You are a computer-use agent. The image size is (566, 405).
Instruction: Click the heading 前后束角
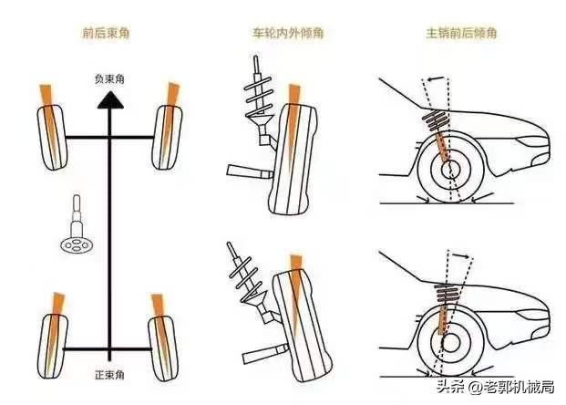click(x=106, y=33)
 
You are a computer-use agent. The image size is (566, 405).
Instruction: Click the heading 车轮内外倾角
click(x=288, y=33)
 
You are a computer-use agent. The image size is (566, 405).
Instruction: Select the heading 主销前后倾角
click(x=461, y=33)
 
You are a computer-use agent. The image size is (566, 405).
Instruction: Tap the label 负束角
click(x=109, y=78)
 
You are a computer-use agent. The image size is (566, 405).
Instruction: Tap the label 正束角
click(x=109, y=375)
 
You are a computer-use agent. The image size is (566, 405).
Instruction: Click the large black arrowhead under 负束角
click(x=110, y=100)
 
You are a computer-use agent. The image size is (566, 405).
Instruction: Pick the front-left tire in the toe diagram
click(x=52, y=138)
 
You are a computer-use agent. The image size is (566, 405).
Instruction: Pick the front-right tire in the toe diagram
click(x=167, y=138)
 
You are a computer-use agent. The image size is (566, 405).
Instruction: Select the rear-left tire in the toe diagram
click(x=53, y=347)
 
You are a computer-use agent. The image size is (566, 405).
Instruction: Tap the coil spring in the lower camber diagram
click(x=248, y=279)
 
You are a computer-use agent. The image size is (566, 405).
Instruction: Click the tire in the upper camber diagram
click(x=293, y=159)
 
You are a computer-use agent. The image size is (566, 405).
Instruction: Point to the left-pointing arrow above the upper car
click(x=435, y=78)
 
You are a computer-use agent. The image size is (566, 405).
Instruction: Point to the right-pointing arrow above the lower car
click(x=462, y=256)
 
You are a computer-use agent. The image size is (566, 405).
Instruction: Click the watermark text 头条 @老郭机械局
click(x=495, y=387)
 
